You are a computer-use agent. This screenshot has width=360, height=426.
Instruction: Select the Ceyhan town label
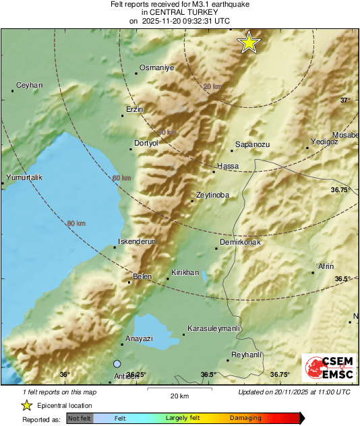29,85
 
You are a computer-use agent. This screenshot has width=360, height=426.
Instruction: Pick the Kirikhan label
185,272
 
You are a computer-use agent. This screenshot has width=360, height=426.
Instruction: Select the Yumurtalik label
24,177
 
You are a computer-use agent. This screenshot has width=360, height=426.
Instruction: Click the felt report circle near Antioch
117,363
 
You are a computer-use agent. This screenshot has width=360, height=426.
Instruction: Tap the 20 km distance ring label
212,87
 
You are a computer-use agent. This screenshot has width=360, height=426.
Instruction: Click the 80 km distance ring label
76,223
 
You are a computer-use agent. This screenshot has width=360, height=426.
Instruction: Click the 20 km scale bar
179,390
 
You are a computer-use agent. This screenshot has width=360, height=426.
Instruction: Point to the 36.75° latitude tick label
340,190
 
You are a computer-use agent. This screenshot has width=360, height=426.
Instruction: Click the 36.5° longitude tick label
208,375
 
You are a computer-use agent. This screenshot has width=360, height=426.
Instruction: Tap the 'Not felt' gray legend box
80,418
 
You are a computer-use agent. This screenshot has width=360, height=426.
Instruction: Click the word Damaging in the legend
245,418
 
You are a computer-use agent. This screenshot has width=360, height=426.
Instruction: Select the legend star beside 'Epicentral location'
26,405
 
